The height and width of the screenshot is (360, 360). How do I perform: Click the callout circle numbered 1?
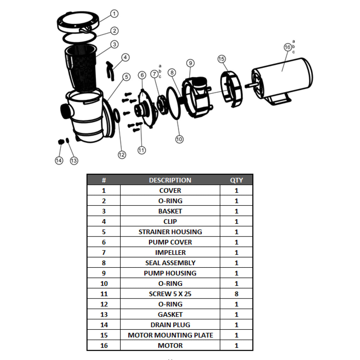[x=114, y=14]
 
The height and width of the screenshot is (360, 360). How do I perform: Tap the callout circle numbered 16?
[x=287, y=47]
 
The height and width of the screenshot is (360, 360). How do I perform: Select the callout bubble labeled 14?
[x=59, y=160]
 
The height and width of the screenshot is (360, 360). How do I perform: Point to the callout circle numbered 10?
[x=179, y=139]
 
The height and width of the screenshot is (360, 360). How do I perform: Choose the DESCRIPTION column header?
[x=170, y=180]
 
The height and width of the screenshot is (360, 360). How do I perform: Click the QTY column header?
[x=236, y=180]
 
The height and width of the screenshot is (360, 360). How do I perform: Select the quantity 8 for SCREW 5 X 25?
[x=236, y=294]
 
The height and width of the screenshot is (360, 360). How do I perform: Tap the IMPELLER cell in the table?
[x=170, y=253]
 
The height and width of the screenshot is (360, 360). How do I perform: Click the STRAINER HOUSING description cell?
[x=170, y=232]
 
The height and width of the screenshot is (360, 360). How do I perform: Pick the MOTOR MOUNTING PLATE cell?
[x=170, y=335]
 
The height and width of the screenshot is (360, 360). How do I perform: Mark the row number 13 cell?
[x=104, y=315]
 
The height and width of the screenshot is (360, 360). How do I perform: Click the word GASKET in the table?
[x=170, y=315]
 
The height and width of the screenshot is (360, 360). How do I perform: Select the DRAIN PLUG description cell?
[x=170, y=325]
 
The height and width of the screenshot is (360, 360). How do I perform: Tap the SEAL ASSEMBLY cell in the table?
[x=170, y=263]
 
